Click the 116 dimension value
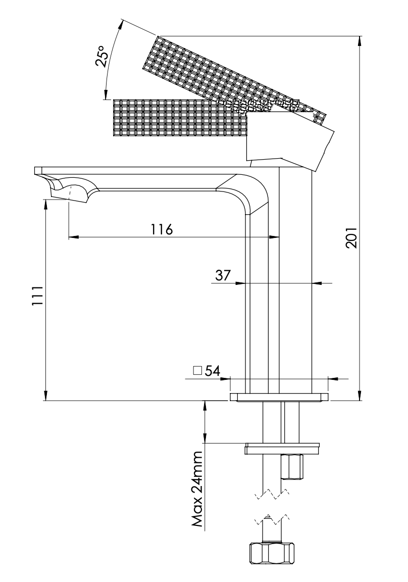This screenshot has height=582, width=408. click(162, 229)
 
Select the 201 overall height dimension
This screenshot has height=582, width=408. click(351, 237)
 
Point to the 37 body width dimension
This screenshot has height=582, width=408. click(223, 275)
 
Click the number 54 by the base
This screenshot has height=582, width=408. click(213, 371)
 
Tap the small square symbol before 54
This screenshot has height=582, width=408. click(197, 371)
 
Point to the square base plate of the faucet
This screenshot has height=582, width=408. click(279, 397)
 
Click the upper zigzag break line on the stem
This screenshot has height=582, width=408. click(273, 494)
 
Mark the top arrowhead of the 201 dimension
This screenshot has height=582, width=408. click(360, 40)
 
